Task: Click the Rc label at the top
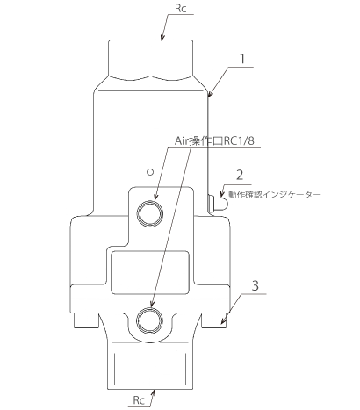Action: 180,8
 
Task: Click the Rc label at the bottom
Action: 139,400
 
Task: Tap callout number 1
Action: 242,59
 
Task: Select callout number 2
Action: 240,175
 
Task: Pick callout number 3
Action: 256,285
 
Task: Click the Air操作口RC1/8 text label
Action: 214,141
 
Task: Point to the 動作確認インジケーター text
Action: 275,195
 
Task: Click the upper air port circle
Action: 149,213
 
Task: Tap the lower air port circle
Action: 150,320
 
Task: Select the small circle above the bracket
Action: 150,172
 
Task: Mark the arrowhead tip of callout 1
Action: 209,96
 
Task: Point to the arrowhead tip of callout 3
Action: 221,324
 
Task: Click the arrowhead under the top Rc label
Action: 162,40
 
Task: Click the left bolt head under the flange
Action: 86,320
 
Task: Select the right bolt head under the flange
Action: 214,320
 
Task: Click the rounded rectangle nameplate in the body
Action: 150,272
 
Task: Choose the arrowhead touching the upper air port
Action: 155,197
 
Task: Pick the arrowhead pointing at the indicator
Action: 222,196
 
